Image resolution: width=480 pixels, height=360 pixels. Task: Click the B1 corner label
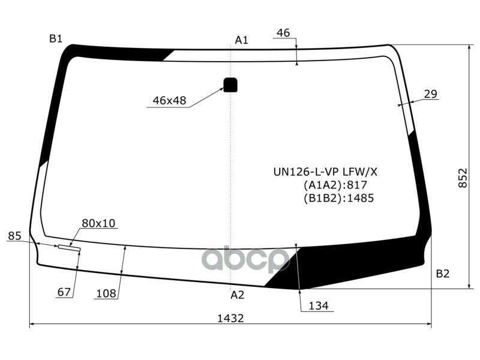coord(56,39)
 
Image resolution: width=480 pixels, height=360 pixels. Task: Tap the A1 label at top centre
coord(241,40)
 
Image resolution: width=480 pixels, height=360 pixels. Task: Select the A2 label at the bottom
coord(238,295)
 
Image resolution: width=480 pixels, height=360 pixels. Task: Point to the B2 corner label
coord(442,274)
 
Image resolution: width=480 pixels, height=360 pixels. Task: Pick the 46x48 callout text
coord(169,101)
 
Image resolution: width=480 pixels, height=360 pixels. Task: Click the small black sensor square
coord(230,85)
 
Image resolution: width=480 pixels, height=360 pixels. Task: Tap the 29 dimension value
coord(430,94)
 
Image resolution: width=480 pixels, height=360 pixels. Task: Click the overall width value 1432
coord(230,319)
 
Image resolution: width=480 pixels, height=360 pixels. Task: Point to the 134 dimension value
coord(319,306)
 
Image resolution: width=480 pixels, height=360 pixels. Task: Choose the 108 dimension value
coord(106,293)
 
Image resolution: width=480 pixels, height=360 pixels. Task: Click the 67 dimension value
coord(64,293)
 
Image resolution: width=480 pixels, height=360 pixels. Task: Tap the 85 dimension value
coord(15,236)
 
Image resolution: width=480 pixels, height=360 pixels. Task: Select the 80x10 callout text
coord(98,223)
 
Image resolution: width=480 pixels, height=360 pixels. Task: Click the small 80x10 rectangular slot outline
coord(70,248)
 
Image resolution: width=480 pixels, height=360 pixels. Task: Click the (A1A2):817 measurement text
coord(335,185)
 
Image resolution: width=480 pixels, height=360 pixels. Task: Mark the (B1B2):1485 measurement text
coord(338,197)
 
